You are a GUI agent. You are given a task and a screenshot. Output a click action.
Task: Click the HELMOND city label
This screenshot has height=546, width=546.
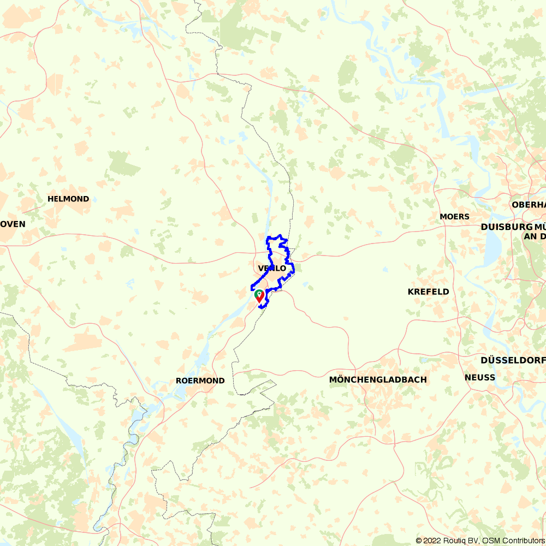(68, 199)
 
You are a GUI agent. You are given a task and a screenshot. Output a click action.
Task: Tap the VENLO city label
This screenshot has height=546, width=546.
(272, 268)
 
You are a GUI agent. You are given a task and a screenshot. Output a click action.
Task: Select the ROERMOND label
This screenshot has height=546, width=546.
(200, 381)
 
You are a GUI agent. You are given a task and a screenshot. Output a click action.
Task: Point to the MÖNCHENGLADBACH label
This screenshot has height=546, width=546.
(378, 379)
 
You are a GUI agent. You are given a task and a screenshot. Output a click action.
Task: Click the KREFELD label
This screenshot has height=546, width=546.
(429, 292)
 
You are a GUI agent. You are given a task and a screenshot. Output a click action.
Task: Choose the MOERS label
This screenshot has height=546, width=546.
(454, 217)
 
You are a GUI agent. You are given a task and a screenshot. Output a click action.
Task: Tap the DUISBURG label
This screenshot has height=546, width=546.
(506, 227)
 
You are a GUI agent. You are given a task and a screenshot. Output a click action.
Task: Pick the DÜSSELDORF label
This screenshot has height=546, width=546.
(512, 360)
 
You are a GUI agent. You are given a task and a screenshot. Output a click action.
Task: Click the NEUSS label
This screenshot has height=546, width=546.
(480, 377)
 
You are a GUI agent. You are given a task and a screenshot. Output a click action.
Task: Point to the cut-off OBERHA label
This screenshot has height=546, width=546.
(529, 205)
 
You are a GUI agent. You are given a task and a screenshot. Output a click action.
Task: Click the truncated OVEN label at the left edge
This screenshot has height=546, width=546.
(13, 224)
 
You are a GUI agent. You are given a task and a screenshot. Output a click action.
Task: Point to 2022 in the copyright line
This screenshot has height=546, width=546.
(431, 541)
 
